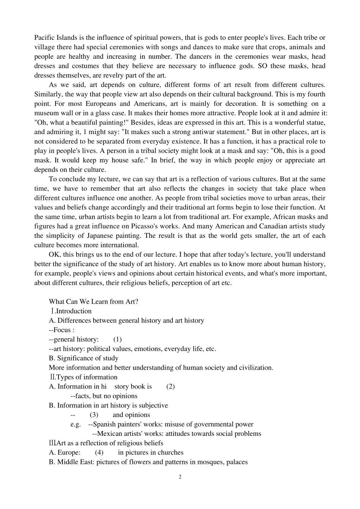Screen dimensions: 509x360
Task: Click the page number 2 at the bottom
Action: coord(180,477)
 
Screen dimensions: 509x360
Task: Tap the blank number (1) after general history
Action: coord(117,339)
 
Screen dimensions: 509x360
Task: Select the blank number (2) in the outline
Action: coord(171,386)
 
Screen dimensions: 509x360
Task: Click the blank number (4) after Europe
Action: coord(99,453)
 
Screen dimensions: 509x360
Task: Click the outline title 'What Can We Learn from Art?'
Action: coord(94,301)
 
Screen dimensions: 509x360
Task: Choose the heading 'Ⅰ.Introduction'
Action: coord(70,311)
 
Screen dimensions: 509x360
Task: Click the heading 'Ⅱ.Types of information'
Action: coord(83,377)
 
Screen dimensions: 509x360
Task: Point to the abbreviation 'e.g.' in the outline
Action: coord(76,424)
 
